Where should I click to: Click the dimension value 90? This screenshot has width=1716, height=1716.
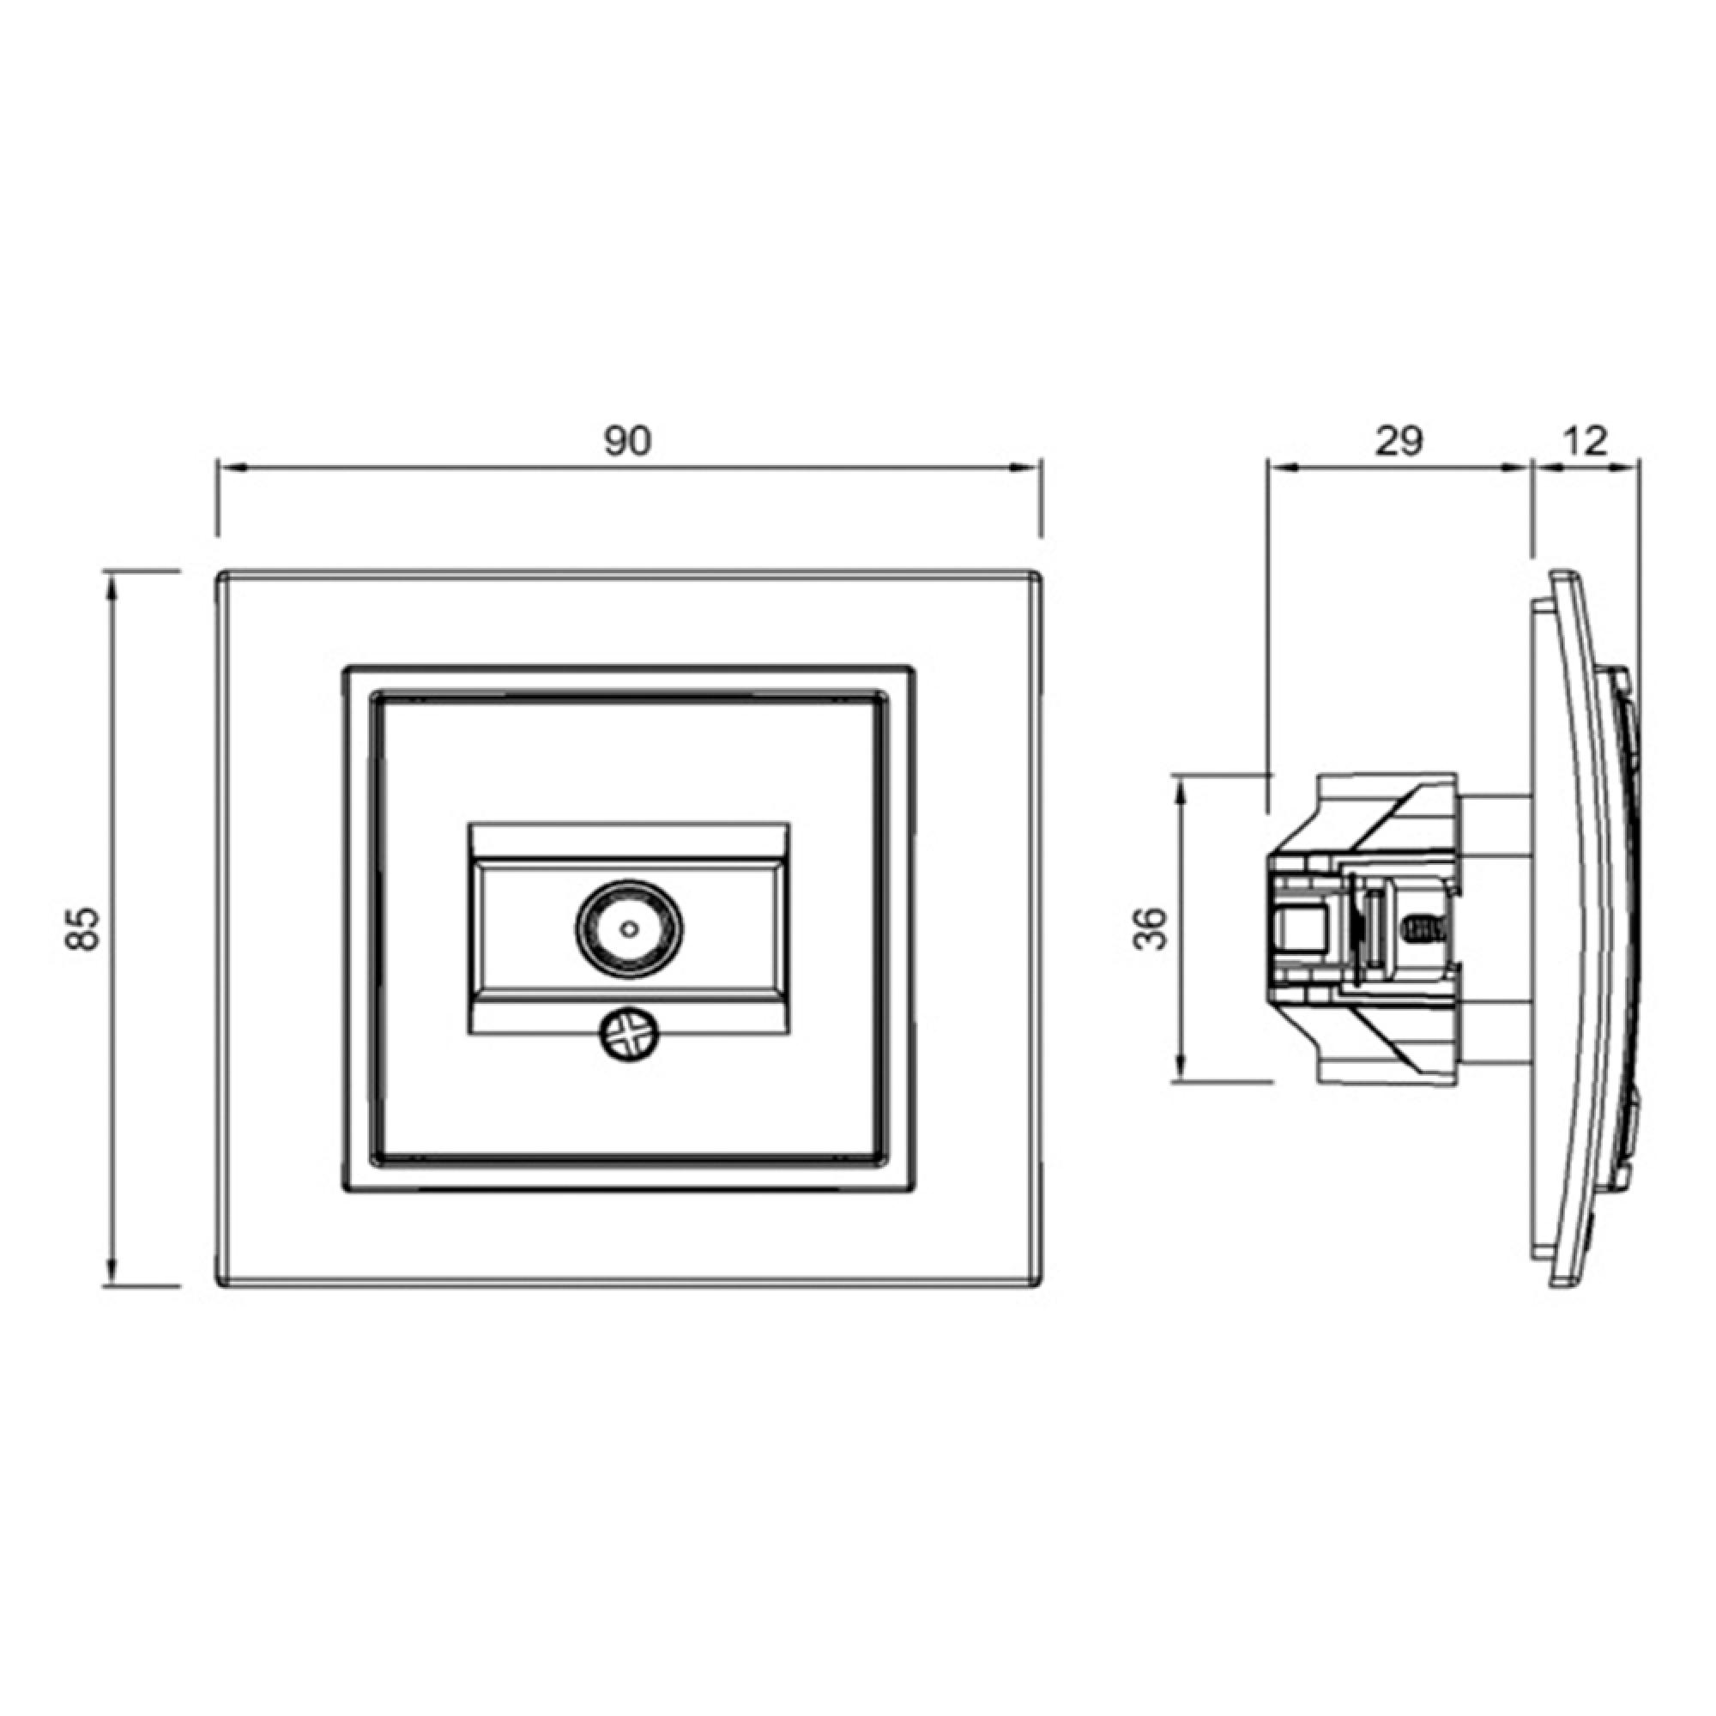pyautogui.click(x=628, y=440)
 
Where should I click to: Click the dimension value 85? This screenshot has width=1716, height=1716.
pyautogui.click(x=83, y=929)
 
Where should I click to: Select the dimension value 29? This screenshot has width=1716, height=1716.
pyautogui.click(x=1399, y=440)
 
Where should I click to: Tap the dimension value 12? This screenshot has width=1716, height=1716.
pyautogui.click(x=1584, y=440)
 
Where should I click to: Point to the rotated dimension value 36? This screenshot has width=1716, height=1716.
pyautogui.click(x=1152, y=929)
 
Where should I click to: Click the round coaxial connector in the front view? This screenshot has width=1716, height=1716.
pyautogui.click(x=629, y=929)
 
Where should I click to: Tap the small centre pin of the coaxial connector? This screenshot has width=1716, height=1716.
pyautogui.click(x=629, y=929)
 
